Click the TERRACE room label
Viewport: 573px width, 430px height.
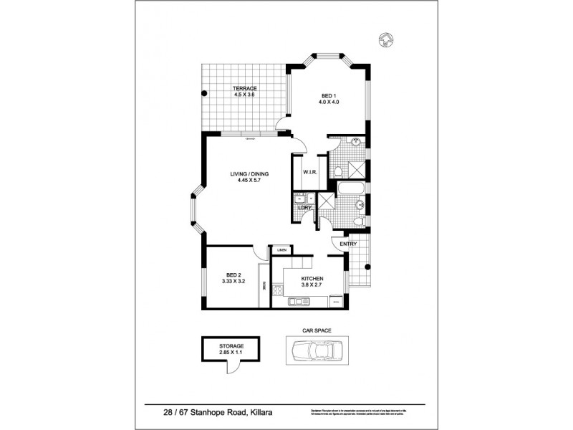tap(244, 87)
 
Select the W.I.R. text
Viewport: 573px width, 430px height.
tap(310, 172)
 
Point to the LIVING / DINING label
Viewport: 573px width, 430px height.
tap(246, 174)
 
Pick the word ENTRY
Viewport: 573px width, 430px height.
tap(348, 244)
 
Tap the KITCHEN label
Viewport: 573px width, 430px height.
tap(312, 278)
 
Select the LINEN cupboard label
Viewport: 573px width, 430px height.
tap(282, 250)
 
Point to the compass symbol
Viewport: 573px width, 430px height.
tap(387, 39)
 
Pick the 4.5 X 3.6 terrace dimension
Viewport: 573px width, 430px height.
tap(244, 95)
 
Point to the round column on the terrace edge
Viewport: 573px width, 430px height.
tap(204, 94)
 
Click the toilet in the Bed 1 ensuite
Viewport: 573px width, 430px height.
tap(337, 171)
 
